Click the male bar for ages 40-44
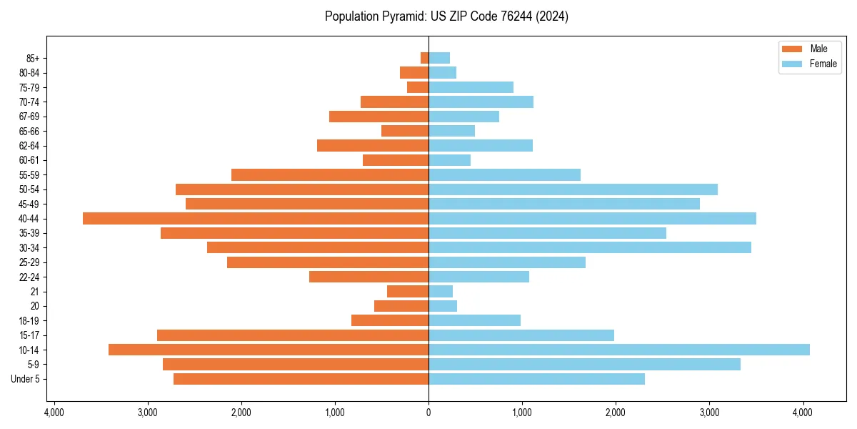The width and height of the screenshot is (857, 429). (x=256, y=219)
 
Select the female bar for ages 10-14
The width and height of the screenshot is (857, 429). (x=618, y=350)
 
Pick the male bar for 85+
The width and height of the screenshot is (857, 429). (x=424, y=58)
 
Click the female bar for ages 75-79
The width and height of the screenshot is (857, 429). (x=471, y=87)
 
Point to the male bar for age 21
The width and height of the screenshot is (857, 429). (x=408, y=292)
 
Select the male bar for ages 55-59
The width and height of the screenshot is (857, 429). (x=330, y=175)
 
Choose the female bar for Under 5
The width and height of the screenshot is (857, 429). (x=536, y=379)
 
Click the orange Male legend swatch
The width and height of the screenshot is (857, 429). (x=792, y=49)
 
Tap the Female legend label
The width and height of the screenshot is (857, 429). (x=823, y=64)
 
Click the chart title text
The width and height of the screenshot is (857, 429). (x=446, y=16)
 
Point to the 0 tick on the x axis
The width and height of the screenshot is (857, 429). (x=428, y=413)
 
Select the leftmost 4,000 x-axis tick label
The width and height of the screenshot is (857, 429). (x=54, y=413)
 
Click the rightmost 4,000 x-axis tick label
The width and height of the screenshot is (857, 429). (x=803, y=413)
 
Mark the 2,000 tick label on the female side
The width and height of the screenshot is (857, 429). (x=616, y=413)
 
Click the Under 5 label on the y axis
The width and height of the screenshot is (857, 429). (x=26, y=379)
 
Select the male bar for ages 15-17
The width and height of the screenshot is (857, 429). (x=293, y=335)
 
